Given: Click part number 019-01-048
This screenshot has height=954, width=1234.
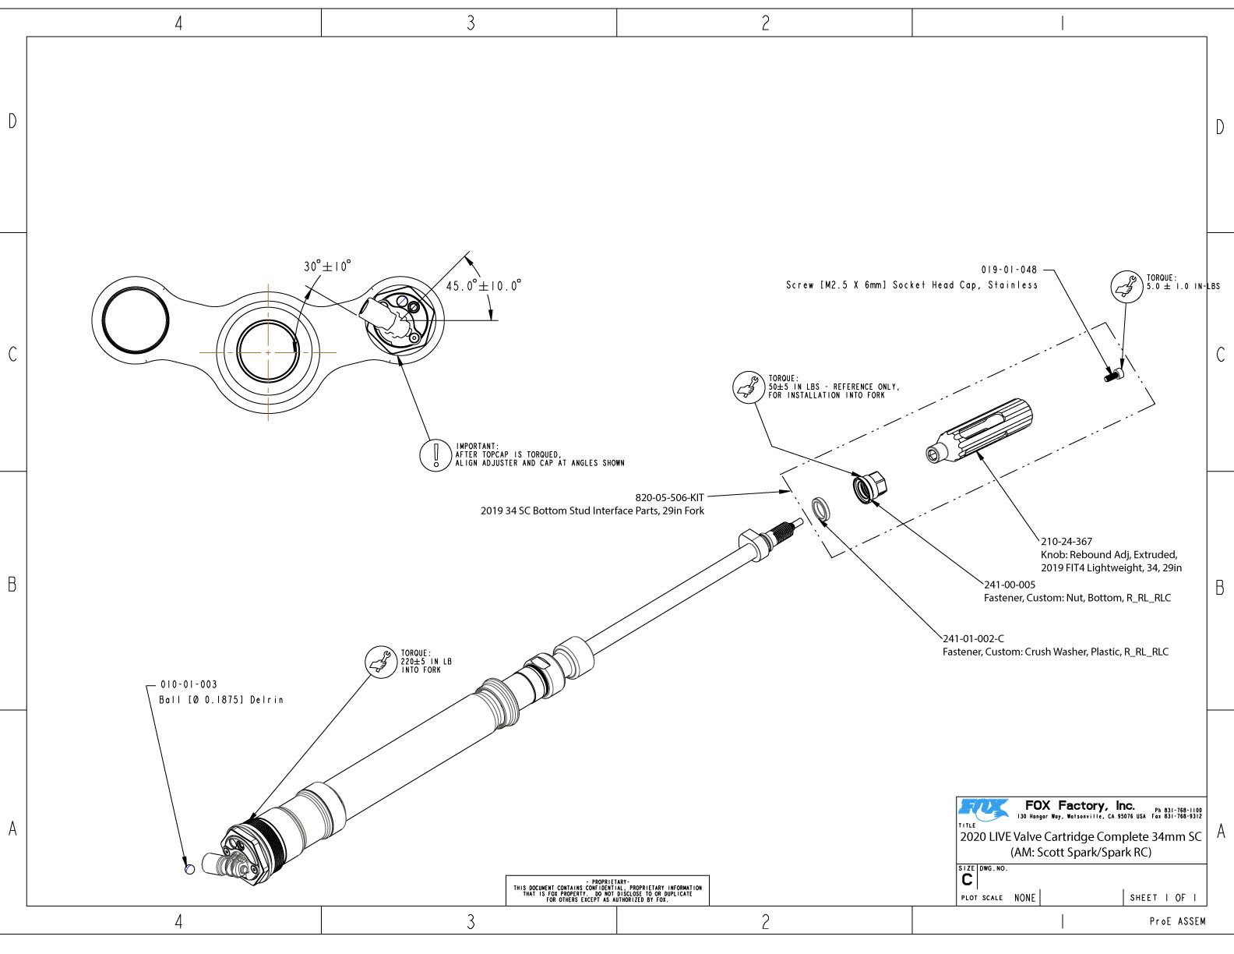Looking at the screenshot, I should [1009, 270].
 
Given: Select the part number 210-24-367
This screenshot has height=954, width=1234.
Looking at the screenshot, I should [1067, 541].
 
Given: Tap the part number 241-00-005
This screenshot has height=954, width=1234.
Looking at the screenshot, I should [1010, 585].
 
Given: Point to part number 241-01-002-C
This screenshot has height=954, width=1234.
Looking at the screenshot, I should [973, 638].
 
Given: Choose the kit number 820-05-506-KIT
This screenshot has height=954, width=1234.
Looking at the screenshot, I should [669, 497].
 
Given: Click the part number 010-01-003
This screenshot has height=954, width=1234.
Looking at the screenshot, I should [189, 684].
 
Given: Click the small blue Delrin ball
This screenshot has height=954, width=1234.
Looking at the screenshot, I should [189, 869].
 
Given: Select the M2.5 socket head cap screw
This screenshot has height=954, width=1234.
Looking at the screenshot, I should [1113, 376].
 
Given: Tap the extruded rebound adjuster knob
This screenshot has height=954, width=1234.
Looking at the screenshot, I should [981, 433].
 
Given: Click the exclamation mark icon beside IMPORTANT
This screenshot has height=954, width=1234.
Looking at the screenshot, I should [435, 455].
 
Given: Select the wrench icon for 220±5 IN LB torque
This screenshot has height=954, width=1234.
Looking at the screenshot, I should [381, 662].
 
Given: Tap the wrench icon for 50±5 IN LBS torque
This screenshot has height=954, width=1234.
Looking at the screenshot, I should [749, 387].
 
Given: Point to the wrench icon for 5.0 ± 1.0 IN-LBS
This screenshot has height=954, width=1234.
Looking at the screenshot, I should [1126, 286].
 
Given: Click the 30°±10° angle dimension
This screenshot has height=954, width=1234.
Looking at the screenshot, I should [327, 267].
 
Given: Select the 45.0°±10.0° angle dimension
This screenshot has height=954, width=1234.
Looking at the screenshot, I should [483, 286].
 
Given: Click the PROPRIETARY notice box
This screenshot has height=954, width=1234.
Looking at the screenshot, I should [607, 890].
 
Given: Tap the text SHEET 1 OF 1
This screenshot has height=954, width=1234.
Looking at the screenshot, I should [1163, 898].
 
